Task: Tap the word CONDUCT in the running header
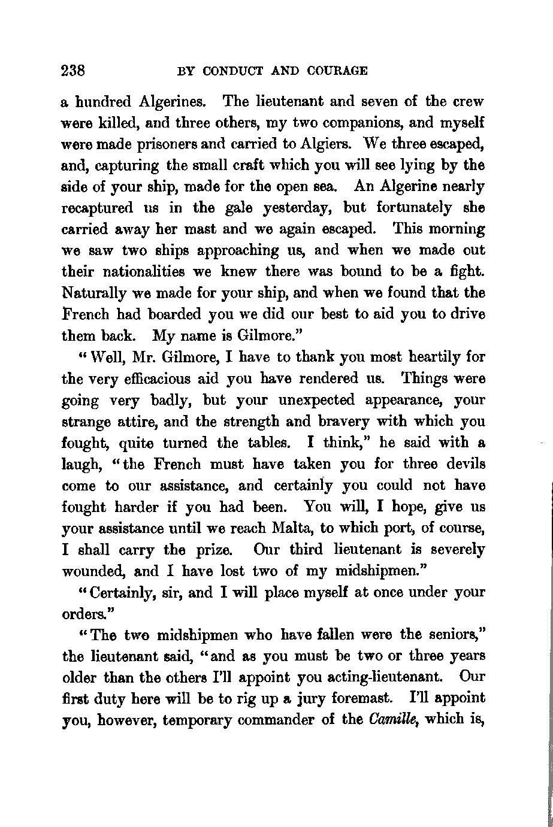233,71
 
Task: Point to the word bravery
331,422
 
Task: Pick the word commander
273,720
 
